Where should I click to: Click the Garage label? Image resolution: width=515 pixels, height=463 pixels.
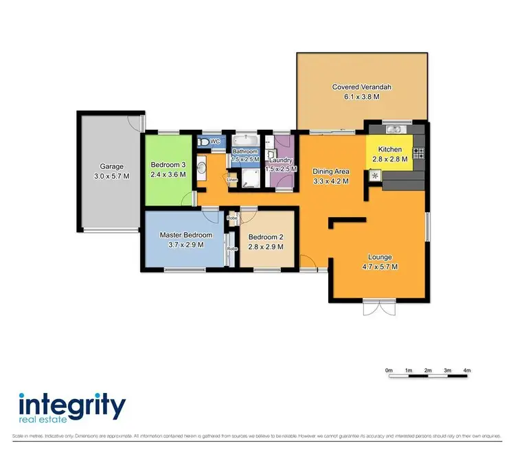pyautogui.click(x=112, y=166)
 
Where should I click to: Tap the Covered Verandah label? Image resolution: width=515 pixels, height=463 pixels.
pyautogui.click(x=356, y=87)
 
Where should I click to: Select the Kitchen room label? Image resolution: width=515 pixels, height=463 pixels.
pyautogui.click(x=389, y=149)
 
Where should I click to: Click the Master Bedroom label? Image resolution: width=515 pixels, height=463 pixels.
pyautogui.click(x=186, y=235)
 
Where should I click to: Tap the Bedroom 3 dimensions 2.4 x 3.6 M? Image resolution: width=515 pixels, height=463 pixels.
pyautogui.click(x=168, y=175)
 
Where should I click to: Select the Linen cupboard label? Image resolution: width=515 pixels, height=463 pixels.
pyautogui.click(x=232, y=181)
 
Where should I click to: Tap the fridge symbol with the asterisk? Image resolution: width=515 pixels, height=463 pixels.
pyautogui.click(x=375, y=176)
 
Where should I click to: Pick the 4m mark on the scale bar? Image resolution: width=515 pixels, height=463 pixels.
pyautogui.click(x=467, y=371)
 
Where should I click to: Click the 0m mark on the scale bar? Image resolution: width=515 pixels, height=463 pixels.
pyautogui.click(x=389, y=371)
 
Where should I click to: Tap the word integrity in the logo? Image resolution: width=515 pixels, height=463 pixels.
pyautogui.click(x=71, y=405)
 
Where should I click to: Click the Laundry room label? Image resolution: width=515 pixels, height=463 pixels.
pyautogui.click(x=280, y=159)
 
